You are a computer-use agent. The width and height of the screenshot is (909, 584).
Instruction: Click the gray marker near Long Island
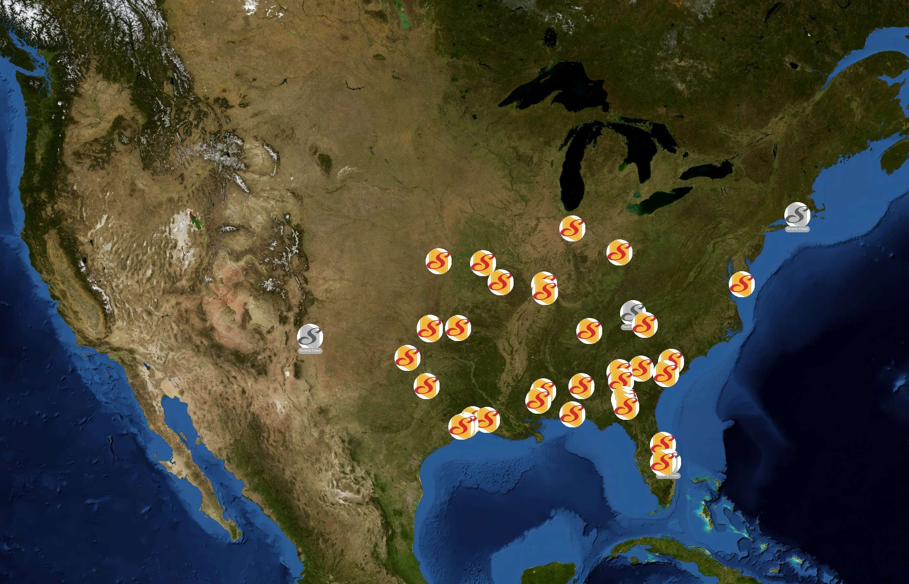coord(797,215)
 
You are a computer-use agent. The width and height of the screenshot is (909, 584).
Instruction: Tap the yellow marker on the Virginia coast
coord(742,284)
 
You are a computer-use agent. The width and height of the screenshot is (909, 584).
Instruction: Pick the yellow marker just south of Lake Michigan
coord(572,228)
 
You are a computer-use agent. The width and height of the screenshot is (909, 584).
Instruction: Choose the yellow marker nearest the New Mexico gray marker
coord(407,358)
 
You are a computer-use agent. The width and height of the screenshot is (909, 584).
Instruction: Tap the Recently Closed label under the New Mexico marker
coord(310,351)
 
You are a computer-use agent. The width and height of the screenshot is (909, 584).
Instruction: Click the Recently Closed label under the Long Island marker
coord(797,229)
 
